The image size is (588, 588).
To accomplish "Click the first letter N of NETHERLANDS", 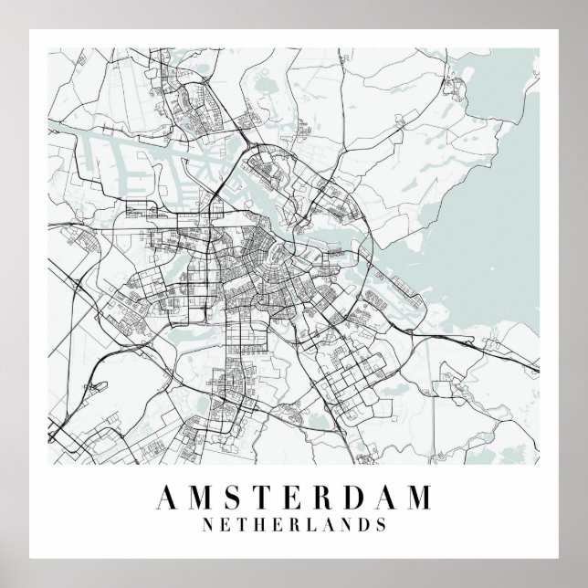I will (208, 525).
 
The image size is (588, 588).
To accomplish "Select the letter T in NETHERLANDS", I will (242, 525).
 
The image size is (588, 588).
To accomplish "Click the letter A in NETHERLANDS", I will (328, 525).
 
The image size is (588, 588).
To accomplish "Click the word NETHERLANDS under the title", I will (294, 525).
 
